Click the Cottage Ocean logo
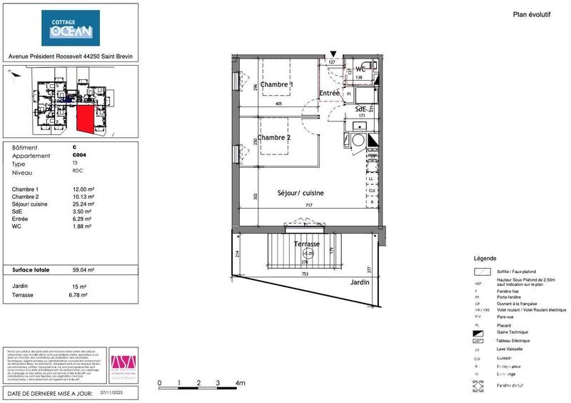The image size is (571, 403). (x=70, y=29)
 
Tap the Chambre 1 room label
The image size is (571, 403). (x=276, y=84)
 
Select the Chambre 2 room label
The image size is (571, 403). (x=274, y=137)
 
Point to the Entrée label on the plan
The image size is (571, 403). (x=329, y=93)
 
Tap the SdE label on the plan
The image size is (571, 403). (x=360, y=109)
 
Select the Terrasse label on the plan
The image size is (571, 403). (x=306, y=244)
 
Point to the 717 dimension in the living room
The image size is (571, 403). (x=310, y=206)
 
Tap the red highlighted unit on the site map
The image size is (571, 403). (x=85, y=118)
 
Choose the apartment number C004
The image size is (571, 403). (x=80, y=156)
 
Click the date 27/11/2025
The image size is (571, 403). (x=112, y=392)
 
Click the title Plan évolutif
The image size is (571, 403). (x=532, y=14)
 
